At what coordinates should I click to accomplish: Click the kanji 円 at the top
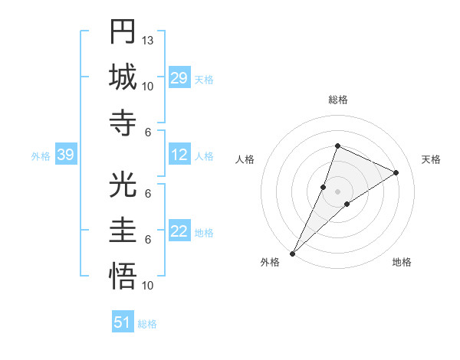123,32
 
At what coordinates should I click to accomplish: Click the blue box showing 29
179,79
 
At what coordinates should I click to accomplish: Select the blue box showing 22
179,232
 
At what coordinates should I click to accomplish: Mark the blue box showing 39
65,155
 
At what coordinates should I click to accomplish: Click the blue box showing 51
123,322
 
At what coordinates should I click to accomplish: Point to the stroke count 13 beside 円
148,40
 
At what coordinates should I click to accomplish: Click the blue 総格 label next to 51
147,324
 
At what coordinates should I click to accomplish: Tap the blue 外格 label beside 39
41,156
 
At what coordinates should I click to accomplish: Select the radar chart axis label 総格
337,100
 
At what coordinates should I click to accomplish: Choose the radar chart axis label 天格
432,159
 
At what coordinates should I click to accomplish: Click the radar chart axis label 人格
245,159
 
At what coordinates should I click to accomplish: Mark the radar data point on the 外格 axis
292,253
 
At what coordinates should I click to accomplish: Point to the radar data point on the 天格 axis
396,172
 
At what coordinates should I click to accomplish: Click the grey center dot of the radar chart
337,191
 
